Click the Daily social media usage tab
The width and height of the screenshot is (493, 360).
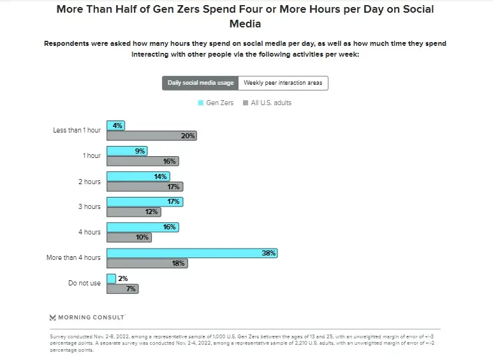(200, 83)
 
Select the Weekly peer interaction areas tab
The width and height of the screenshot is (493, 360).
(283, 83)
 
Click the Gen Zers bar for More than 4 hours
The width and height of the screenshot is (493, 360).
(191, 253)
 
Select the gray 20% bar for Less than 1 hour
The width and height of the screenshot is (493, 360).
(151, 136)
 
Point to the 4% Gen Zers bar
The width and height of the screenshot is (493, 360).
(115, 126)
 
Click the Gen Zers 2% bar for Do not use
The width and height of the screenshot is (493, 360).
(111, 278)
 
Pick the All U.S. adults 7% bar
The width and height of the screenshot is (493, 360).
(122, 289)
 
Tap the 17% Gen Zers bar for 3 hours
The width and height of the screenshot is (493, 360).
(145, 202)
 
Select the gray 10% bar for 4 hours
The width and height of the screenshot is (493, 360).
(129, 238)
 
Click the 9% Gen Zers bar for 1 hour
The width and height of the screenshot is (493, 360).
(127, 151)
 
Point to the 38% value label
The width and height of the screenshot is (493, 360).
(269, 253)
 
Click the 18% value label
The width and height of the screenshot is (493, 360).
(179, 263)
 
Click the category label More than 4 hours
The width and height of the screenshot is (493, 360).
(73, 258)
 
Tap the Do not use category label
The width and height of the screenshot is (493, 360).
(84, 284)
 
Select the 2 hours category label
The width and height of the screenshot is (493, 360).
(89, 182)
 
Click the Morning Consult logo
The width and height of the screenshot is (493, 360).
(87, 317)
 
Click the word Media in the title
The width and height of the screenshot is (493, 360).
(246, 24)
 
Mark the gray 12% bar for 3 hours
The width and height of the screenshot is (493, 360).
(133, 212)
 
